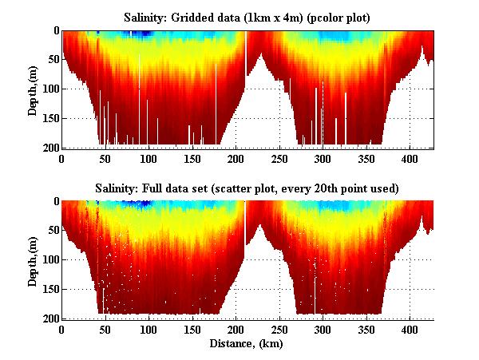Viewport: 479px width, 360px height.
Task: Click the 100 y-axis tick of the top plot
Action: (49, 89)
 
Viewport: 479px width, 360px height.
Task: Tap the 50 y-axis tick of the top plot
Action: (52, 60)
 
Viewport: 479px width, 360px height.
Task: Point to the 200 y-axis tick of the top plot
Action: (49, 148)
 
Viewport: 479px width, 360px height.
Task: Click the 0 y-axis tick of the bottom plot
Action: (54, 202)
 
